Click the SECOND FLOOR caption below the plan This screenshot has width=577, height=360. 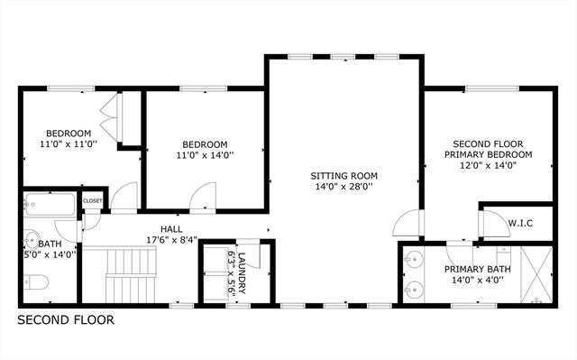pyautogui.click(x=66, y=319)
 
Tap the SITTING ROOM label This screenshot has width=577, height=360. pyautogui.click(x=343, y=175)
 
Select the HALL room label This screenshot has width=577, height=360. pyautogui.click(x=172, y=229)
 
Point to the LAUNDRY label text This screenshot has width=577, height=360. pyautogui.click(x=241, y=270)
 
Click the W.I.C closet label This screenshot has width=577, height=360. pyautogui.click(x=518, y=222)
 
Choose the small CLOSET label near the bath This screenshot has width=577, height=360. pyautogui.click(x=92, y=200)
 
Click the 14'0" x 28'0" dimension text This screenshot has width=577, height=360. pyautogui.click(x=343, y=188)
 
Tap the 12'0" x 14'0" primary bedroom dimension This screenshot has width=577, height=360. pyautogui.click(x=492, y=166)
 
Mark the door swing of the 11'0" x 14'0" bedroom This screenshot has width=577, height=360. pyautogui.click(x=206, y=194)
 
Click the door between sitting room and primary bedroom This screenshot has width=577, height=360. pyautogui.click(x=408, y=221)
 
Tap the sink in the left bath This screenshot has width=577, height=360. pyautogui.click(x=31, y=241)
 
